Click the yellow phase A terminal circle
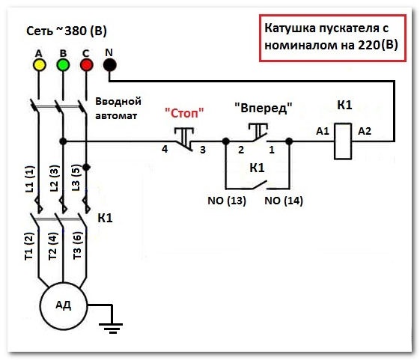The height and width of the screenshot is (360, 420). pos(39,65)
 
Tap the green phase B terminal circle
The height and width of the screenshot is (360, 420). pos(63,65)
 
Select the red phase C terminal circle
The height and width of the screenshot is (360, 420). pos(87,65)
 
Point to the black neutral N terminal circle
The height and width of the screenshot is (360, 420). pos(109,65)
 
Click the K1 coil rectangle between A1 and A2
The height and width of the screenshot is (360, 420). pos(343,141)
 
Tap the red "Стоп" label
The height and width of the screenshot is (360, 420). pos(184,113)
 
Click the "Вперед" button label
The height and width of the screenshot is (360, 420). pos(264,108)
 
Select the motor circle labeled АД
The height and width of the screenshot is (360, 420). pos(64,306)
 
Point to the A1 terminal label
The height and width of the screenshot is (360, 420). pos(323,131)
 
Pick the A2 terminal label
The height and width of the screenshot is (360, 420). pos(365,131)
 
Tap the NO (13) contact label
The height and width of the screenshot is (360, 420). pos(227,201)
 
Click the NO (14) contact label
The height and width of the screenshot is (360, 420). pos(284,201)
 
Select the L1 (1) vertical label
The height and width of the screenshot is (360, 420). pos(30,179)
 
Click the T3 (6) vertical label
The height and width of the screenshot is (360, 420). pos(77,245)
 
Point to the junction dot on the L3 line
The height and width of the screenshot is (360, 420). pos(86,167)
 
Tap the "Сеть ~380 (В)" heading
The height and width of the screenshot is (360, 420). pos(67,31)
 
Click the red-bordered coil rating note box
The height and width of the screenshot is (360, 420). pos(332,38)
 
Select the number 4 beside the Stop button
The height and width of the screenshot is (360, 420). pos(165,149)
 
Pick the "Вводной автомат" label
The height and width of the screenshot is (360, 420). pos(118,109)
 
